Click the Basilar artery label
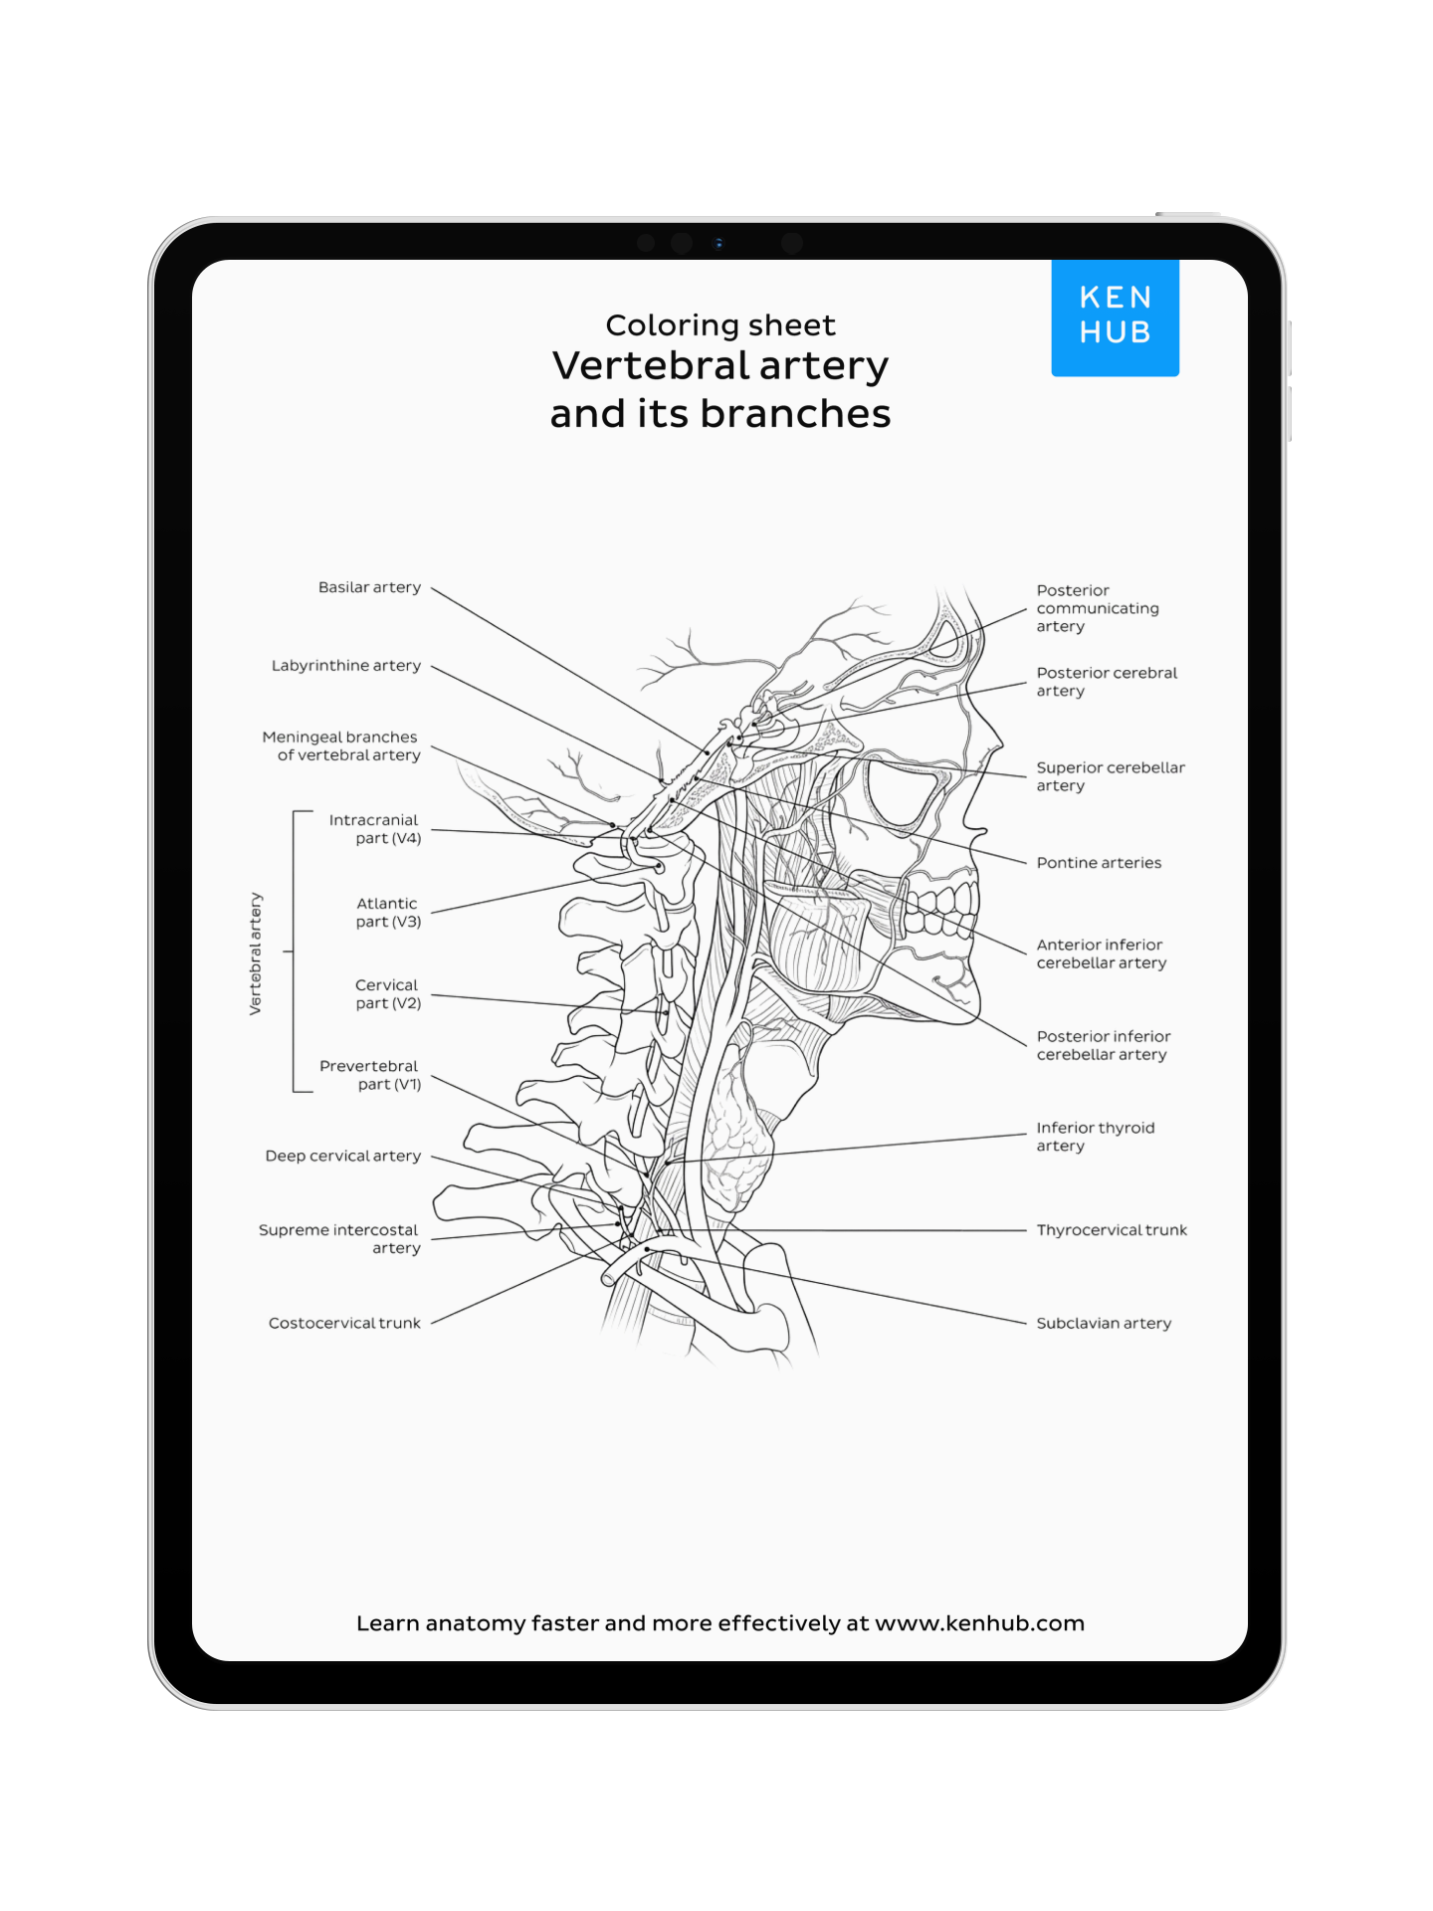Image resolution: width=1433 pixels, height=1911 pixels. click(369, 587)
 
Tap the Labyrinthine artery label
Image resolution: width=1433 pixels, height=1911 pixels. click(345, 665)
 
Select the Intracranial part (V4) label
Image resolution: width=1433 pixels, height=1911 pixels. click(374, 829)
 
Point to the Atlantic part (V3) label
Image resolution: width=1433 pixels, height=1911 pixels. click(387, 912)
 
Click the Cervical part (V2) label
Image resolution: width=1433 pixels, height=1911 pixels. click(387, 993)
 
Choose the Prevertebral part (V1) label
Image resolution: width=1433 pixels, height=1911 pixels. click(370, 1075)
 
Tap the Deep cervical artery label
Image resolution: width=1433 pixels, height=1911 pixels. click(342, 1156)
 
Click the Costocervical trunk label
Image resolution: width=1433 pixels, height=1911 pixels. click(344, 1323)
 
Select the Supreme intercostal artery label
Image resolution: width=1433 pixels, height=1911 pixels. click(339, 1238)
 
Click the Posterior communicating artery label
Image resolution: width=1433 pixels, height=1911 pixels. click(1096, 608)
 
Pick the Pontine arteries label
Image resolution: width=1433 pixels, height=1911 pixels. click(1099, 863)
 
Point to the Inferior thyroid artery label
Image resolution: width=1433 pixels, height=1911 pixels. click(1094, 1136)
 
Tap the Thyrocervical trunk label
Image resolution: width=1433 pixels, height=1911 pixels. click(1112, 1230)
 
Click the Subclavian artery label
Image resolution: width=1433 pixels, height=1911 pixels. click(1104, 1323)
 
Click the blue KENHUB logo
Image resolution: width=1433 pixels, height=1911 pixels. click(1115, 317)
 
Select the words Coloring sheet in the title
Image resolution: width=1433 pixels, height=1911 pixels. click(720, 325)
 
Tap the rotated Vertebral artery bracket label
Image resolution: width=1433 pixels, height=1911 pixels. click(256, 953)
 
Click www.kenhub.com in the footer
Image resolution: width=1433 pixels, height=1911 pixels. click(979, 1623)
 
